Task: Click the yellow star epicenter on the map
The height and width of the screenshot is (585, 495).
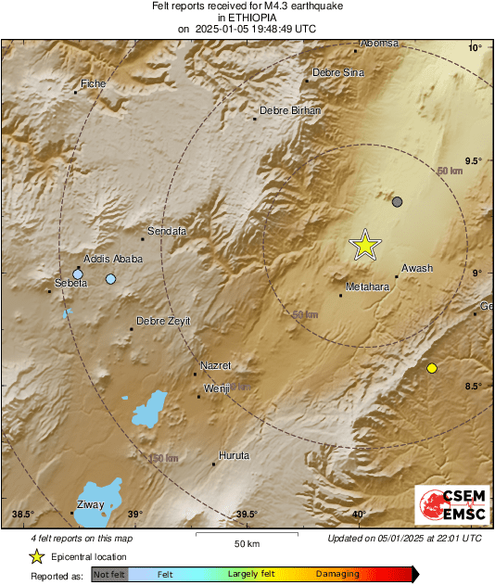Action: pos(365,244)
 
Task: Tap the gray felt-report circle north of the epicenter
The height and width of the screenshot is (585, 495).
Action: pos(398,201)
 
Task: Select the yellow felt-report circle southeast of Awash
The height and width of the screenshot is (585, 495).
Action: pos(431,368)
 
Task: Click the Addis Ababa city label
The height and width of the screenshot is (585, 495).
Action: pos(113,259)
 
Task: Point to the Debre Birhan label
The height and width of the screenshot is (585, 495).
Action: pos(290,110)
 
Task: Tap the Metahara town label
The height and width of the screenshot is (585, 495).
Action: pos(365,287)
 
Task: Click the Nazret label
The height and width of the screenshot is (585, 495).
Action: pos(216,365)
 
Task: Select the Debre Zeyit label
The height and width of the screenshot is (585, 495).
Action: pos(163,321)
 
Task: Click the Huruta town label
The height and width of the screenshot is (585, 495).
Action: pos(234,455)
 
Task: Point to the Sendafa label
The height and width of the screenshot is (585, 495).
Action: pos(169,229)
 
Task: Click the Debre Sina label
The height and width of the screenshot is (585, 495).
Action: pos(338,72)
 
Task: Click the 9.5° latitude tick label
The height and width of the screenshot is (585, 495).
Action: pos(473,160)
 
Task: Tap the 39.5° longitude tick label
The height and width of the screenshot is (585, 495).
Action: pos(247,515)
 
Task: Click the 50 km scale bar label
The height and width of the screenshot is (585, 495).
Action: pos(246,543)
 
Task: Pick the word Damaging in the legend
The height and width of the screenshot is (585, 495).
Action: pos(337,575)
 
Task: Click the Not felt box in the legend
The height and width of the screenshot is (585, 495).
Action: pos(109,575)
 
